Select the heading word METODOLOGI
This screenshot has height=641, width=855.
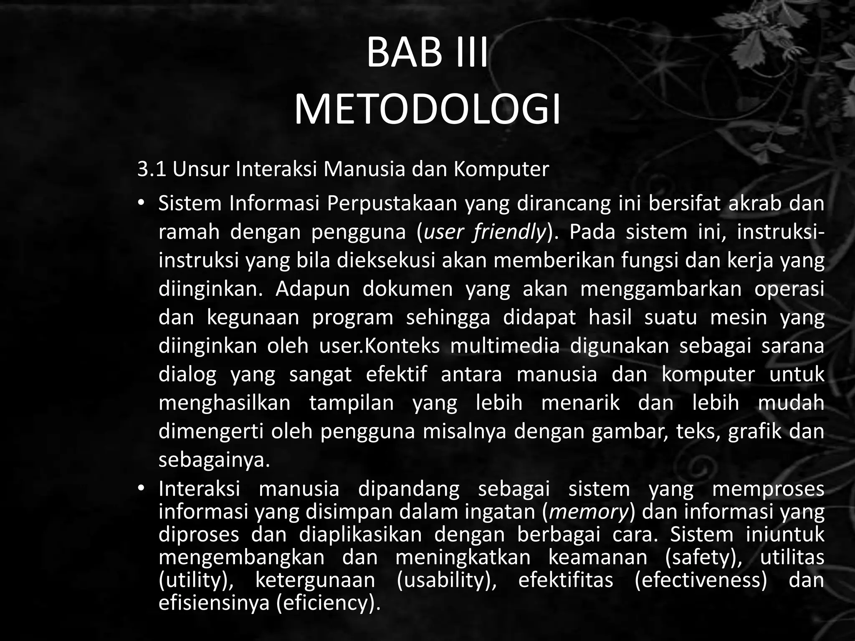coord(427,110)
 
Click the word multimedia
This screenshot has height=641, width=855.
coord(505,346)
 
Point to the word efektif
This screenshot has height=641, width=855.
coord(396,374)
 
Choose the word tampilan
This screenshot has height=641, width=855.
coord(352,403)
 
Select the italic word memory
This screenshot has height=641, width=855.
coord(589,512)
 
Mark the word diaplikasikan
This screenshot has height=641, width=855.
coord(360,535)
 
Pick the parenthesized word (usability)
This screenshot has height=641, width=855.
coord(446,580)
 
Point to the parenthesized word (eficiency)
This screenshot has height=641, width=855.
coord(329,603)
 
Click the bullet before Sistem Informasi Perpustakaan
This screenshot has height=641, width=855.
coord(142,204)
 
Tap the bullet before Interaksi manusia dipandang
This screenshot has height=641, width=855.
coord(142,489)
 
